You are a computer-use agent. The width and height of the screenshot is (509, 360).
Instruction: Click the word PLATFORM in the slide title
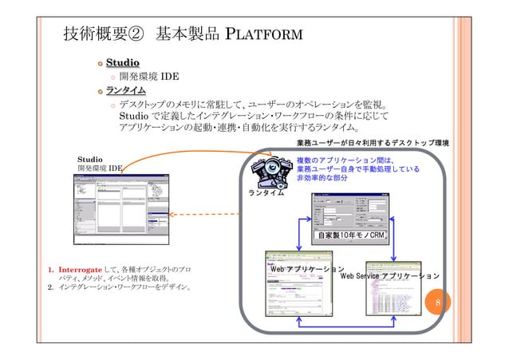263,34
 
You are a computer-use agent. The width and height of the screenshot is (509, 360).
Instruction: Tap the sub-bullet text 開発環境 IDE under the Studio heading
148,77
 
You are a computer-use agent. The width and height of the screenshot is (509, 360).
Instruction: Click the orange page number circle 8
437,303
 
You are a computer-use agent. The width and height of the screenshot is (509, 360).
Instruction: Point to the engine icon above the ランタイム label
270,171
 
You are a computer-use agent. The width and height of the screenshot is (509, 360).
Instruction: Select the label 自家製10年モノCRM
350,235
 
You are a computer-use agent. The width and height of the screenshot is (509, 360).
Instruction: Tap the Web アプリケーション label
307,270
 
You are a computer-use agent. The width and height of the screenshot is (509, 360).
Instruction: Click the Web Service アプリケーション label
389,276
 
